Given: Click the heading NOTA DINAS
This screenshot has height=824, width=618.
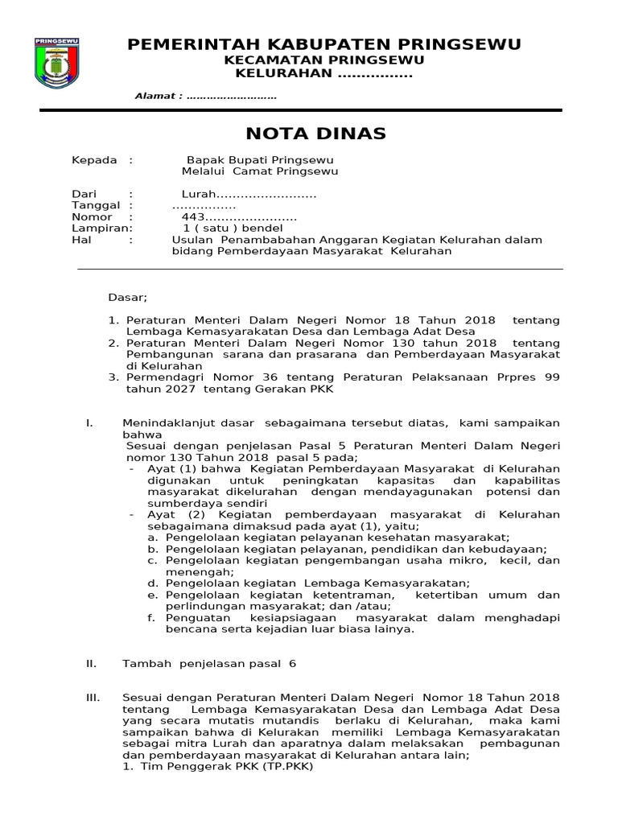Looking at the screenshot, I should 304,133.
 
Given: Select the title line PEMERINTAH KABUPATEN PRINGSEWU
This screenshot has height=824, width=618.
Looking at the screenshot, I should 324,44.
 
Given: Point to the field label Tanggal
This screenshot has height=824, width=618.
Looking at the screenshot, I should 96,206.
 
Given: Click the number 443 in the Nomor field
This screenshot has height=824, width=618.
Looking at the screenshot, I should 194,217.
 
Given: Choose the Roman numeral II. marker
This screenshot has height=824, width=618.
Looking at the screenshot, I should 91,663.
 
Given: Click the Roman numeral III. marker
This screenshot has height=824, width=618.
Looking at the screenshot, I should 92,697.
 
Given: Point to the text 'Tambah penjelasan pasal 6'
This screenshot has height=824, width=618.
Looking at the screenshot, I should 209,663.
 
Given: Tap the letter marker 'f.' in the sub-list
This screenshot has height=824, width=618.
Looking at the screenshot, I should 151,617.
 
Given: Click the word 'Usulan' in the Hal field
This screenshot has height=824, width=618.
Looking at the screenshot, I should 192,240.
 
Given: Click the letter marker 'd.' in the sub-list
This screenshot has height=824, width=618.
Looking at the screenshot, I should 151,583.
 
